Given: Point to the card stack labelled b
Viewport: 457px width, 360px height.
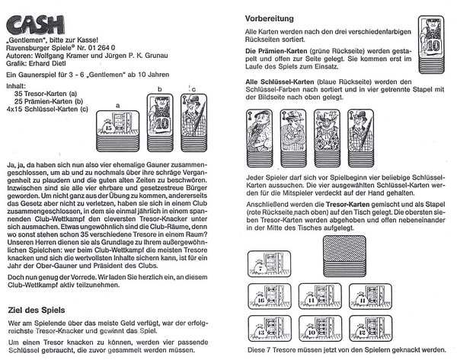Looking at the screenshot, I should [x=161, y=114].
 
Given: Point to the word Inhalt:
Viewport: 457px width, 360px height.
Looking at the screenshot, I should [x=16, y=86].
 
